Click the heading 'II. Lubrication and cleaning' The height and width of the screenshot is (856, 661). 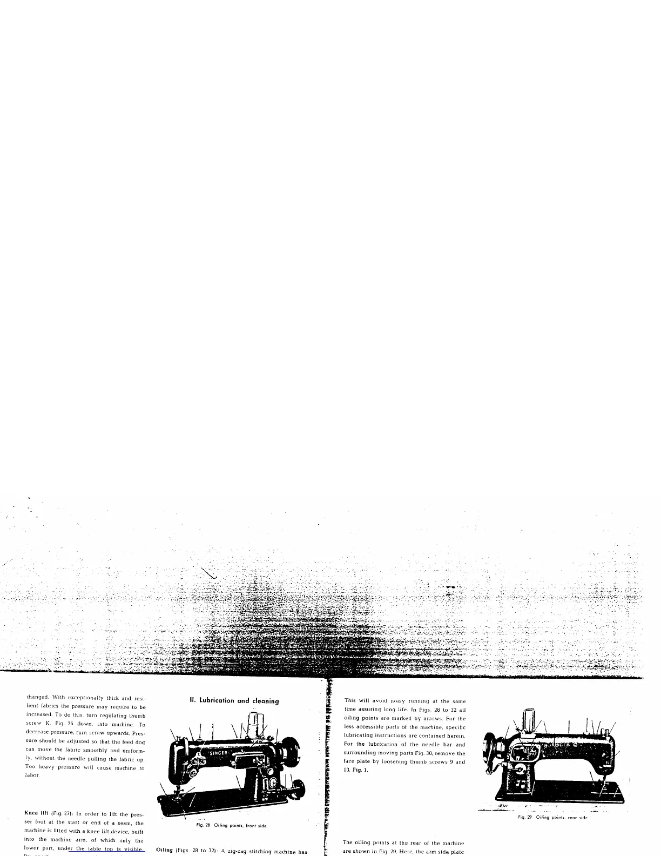(234, 701)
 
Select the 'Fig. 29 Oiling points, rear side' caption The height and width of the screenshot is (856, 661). (552, 818)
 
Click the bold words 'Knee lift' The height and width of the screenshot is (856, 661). (36, 814)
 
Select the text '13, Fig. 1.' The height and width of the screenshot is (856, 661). (356, 770)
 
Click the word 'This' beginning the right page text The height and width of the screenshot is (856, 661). (349, 701)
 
